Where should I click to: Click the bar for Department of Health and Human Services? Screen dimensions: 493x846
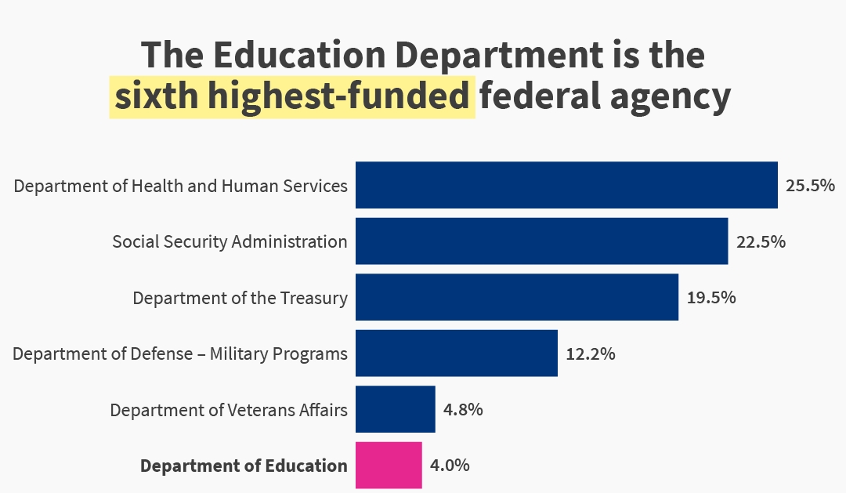(566, 185)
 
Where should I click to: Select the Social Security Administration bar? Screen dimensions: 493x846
(541, 241)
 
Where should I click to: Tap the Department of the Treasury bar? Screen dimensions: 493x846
(517, 297)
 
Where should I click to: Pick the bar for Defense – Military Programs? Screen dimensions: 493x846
(457, 353)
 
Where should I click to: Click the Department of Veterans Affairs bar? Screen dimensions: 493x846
(395, 409)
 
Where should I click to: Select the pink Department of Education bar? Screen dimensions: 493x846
(389, 466)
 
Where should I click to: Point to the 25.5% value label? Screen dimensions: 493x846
(810, 186)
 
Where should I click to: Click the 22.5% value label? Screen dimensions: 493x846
(761, 241)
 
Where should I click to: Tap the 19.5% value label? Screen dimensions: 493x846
(711, 298)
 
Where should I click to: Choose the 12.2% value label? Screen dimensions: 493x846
(591, 353)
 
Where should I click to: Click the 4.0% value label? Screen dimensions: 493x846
(450, 466)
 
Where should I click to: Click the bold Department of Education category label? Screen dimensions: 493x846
(244, 466)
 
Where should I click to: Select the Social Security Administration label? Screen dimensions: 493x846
(230, 241)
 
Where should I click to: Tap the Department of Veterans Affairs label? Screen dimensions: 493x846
(229, 410)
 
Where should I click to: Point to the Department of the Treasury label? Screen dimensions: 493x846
(240, 298)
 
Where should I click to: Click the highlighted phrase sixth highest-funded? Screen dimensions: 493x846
(292, 97)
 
